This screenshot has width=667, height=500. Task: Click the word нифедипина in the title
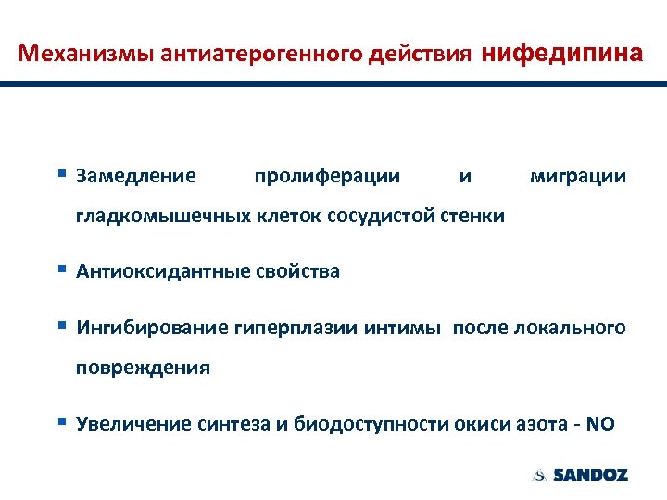click(x=563, y=53)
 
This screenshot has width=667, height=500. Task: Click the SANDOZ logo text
click(x=590, y=475)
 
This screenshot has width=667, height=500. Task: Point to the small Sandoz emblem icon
click(x=539, y=475)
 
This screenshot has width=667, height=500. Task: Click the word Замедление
click(x=136, y=176)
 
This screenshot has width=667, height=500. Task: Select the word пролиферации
click(x=327, y=176)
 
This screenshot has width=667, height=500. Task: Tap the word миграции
click(x=577, y=176)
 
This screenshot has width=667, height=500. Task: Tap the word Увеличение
click(x=134, y=424)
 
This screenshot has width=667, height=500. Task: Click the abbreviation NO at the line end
click(x=600, y=424)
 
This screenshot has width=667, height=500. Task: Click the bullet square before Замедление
click(x=61, y=173)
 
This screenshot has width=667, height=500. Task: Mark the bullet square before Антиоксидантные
click(x=61, y=269)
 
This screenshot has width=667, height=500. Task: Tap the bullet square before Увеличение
click(x=61, y=421)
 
